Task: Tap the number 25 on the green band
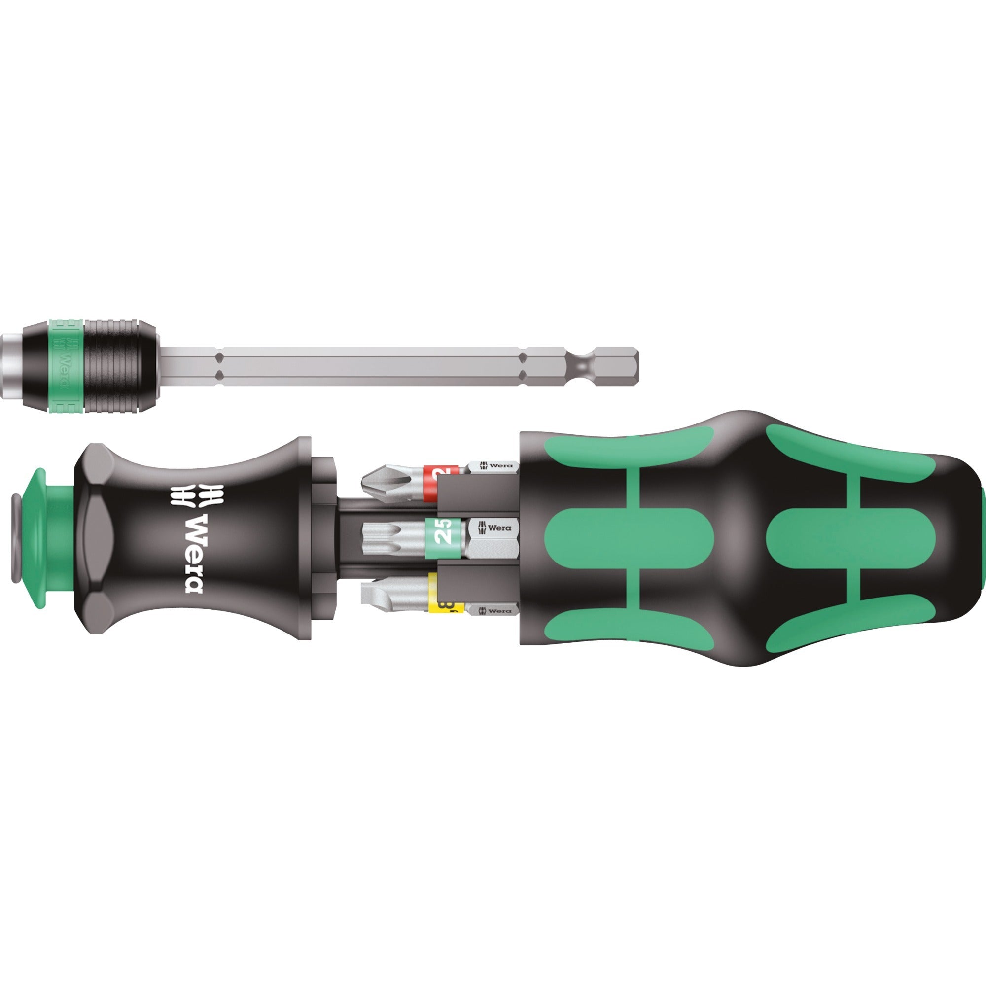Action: (444, 537)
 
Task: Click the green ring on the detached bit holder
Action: (66, 366)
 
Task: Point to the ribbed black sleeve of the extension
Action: (120, 366)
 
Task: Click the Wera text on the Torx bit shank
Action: (498, 528)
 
